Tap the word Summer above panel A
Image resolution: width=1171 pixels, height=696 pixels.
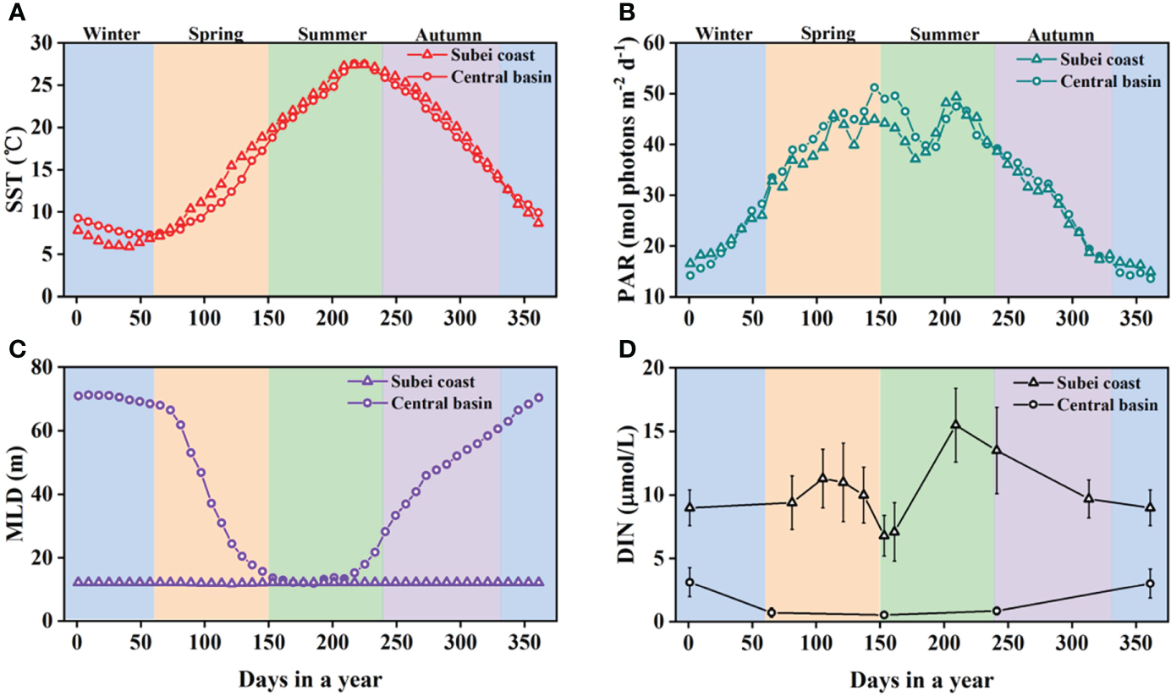click(332, 35)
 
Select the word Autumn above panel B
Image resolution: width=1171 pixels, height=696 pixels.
click(1061, 36)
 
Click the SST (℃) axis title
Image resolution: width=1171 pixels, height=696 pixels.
click(17, 169)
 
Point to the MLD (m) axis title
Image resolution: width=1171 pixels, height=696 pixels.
click(17, 495)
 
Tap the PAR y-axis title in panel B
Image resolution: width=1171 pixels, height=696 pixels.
click(629, 169)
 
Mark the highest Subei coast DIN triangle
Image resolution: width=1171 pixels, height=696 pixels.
click(955, 425)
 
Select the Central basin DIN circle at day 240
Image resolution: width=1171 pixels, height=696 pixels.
click(996, 611)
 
